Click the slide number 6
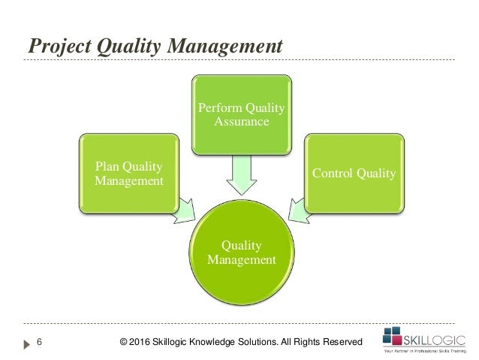point(39,343)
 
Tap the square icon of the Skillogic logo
point(393,335)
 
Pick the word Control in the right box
point(333,174)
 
